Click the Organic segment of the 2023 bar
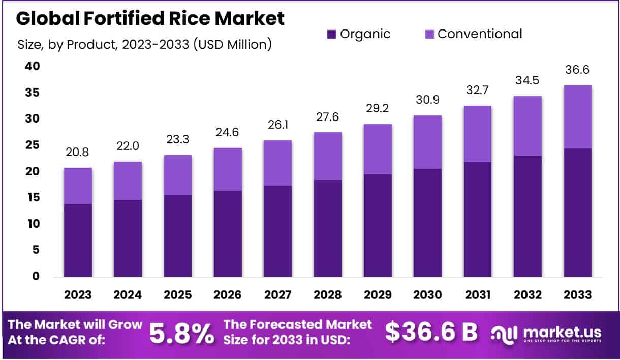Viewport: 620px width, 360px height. tap(78, 240)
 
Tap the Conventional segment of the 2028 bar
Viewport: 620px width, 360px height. tap(327, 156)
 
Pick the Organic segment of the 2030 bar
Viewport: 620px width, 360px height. tap(427, 223)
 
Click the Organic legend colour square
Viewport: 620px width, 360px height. tap(331, 35)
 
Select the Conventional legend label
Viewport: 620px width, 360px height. tap(480, 34)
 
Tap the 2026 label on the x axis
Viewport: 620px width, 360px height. tap(228, 295)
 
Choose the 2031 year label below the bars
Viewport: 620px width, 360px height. tap(477, 295)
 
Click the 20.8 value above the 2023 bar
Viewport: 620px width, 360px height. tap(78, 153)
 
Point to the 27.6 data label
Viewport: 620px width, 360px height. tap(327, 117)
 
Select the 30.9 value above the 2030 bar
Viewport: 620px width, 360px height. tap(427, 100)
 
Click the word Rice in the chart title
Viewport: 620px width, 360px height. tap(175, 18)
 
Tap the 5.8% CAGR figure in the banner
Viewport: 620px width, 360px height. tap(181, 333)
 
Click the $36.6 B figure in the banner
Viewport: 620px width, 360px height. tap(431, 332)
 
